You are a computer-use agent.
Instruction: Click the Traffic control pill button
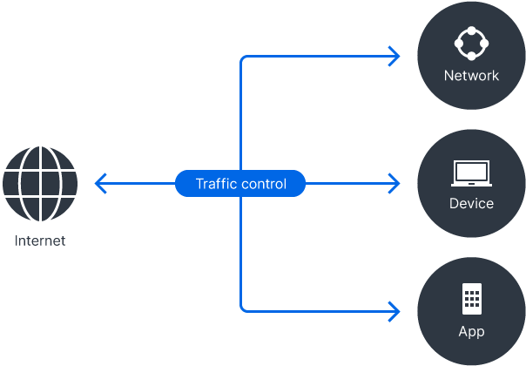click(240, 184)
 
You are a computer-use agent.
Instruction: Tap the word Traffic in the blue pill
click(215, 184)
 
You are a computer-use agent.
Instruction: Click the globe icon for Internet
click(40, 184)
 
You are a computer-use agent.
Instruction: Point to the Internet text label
click(40, 241)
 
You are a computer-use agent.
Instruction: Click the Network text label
click(471, 76)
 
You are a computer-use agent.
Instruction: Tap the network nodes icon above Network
click(471, 43)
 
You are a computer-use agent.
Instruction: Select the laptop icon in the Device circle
click(471, 173)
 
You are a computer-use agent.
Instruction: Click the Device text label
click(471, 204)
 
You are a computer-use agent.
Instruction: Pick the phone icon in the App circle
click(471, 299)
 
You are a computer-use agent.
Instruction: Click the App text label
click(471, 331)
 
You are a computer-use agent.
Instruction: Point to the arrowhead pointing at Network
click(395, 57)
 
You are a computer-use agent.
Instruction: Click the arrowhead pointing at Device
click(395, 184)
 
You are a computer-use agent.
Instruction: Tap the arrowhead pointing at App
click(395, 309)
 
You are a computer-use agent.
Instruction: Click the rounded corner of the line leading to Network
click(243, 59)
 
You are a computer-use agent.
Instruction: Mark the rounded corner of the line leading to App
click(243, 307)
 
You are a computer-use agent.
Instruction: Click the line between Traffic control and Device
click(348, 184)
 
